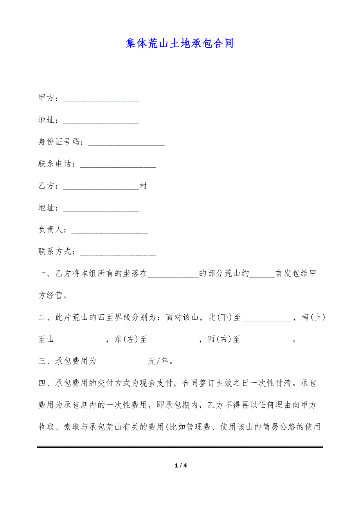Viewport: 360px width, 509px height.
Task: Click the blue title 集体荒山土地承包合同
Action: click(x=180, y=43)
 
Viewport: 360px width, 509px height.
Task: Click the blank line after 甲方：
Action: click(x=101, y=99)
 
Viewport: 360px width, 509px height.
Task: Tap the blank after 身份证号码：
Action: click(x=126, y=142)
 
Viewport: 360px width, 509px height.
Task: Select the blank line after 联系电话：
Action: click(x=118, y=164)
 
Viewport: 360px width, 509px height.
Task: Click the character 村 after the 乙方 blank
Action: click(x=144, y=186)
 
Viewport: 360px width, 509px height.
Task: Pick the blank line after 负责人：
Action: click(x=109, y=230)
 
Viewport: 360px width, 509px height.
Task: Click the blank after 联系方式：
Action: click(x=118, y=252)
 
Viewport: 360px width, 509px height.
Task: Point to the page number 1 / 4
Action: click(x=180, y=466)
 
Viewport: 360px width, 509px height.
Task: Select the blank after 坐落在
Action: click(x=173, y=274)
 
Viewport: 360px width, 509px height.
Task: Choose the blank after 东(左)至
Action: click(x=173, y=339)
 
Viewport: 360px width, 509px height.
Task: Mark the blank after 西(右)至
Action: click(x=266, y=339)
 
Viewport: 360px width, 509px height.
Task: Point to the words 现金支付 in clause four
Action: click(x=157, y=383)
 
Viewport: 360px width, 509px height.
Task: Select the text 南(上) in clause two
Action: click(x=313, y=317)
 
